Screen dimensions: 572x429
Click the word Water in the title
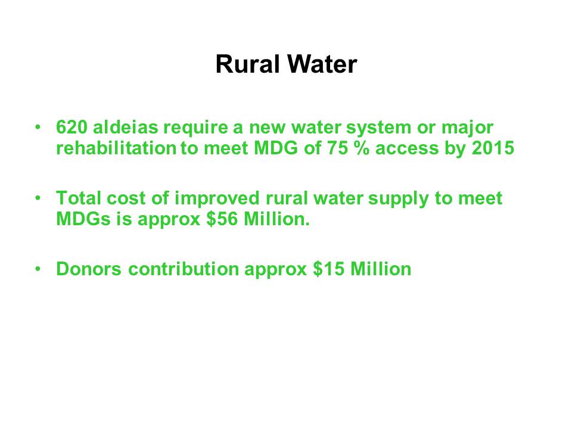[x=322, y=64]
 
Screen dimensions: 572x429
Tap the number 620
[x=71, y=128]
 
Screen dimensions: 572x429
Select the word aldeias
[x=126, y=128]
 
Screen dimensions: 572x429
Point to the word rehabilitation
[x=116, y=148]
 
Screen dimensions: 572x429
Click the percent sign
[x=362, y=148]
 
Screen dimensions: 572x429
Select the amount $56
[x=222, y=219]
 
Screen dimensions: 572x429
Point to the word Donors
[x=89, y=269]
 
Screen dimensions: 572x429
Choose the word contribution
[x=184, y=269]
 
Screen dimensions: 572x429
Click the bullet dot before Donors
[x=38, y=269]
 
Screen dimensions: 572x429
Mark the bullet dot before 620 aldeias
[x=38, y=128]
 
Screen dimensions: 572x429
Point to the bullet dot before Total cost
[x=38, y=198]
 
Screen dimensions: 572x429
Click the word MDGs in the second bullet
[x=83, y=219]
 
